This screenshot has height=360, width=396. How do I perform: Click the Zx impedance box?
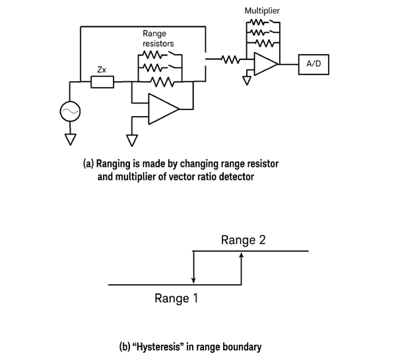[x=102, y=82]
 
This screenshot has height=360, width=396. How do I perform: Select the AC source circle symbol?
[x=70, y=111]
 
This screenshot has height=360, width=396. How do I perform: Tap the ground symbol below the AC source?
[x=70, y=139]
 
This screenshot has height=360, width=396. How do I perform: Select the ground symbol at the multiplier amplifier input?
[x=247, y=80]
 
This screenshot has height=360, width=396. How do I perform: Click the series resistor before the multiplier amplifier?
[x=228, y=60]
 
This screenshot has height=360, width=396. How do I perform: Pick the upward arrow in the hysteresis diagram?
[x=242, y=268]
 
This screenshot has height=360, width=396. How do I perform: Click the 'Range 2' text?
[x=244, y=240]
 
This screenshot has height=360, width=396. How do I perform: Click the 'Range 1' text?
[x=176, y=299]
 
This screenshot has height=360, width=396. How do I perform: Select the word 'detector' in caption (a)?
[x=234, y=177]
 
